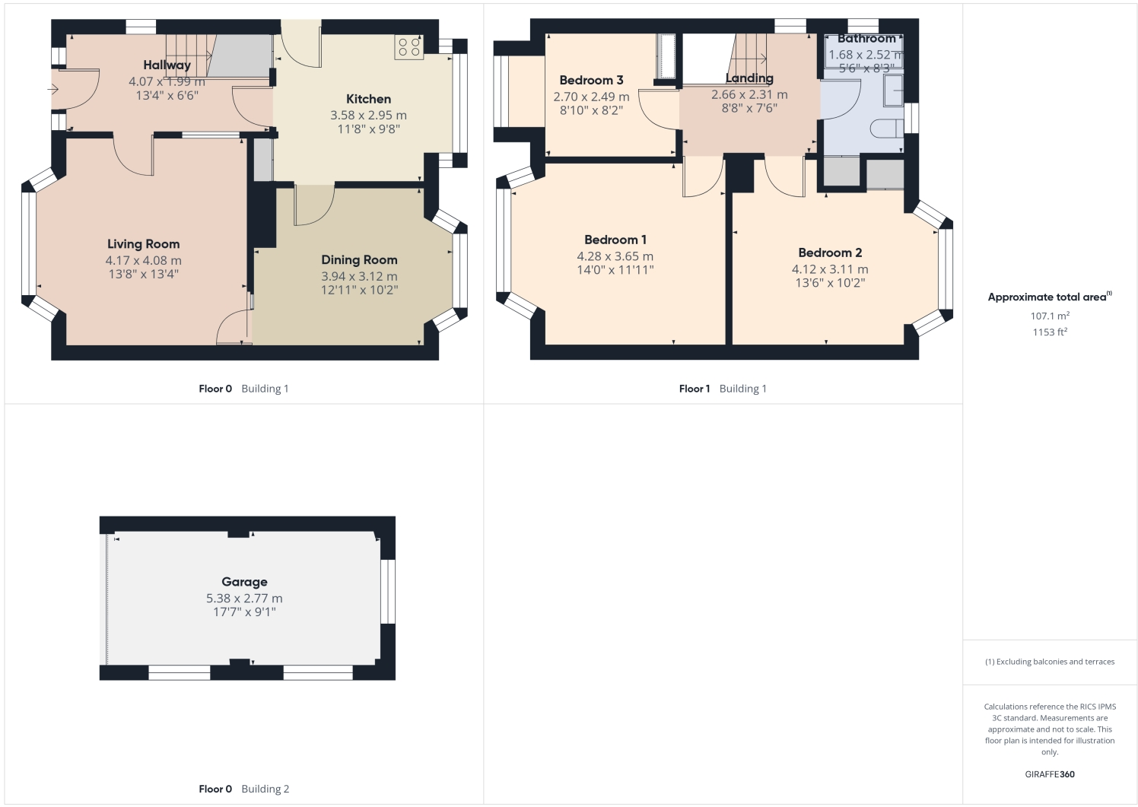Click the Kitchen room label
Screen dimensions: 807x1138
coord(368,99)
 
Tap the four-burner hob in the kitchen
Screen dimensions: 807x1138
coord(408,47)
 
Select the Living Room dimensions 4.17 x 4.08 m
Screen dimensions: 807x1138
coord(143,261)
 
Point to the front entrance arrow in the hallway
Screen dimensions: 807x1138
coord(52,90)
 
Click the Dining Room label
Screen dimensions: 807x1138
coord(359,260)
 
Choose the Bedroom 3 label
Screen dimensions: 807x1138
coord(591,80)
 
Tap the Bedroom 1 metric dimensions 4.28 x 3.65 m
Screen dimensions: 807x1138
coord(615,256)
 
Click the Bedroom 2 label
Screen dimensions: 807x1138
coord(830,253)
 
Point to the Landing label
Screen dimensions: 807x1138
coord(749,78)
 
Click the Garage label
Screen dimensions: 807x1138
coord(244,582)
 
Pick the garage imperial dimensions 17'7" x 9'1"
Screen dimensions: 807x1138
coord(244,612)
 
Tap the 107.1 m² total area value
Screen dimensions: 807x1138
coord(1050,316)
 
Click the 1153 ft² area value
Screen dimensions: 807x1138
coord(1050,332)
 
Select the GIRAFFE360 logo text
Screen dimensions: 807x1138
coord(1050,774)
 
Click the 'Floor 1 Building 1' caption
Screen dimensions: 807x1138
coord(723,389)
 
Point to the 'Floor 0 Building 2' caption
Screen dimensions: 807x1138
coord(243,789)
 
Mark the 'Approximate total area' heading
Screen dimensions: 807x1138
coord(1049,297)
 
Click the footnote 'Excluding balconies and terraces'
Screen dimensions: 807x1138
coord(1050,662)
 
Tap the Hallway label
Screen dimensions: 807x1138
coord(167,65)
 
